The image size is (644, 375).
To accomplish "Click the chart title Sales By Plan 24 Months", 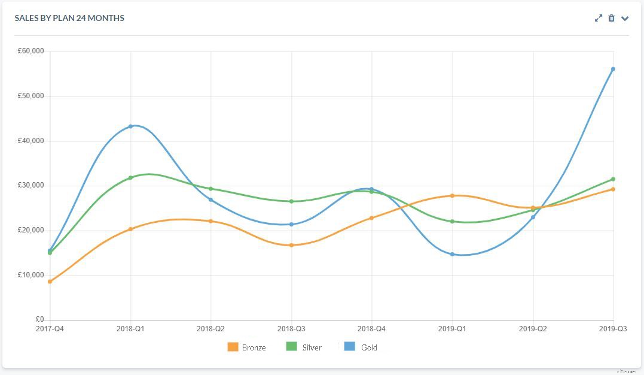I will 69,18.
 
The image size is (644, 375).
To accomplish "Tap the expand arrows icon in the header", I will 598,18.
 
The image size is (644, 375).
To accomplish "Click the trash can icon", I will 611,18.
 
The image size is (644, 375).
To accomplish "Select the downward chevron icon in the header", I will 625,18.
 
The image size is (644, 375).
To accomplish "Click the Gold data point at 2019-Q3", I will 613,69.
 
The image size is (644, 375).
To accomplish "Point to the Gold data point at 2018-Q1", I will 130,126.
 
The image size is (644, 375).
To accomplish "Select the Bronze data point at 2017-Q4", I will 50,282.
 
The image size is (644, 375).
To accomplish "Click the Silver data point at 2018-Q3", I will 291,201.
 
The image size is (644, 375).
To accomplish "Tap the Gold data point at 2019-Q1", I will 452,254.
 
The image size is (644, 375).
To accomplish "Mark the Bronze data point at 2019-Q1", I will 452,195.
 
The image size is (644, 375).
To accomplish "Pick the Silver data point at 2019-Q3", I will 613,179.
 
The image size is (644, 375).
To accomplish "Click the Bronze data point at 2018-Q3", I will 291,245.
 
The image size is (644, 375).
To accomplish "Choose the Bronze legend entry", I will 246,347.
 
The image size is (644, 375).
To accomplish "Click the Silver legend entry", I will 304,347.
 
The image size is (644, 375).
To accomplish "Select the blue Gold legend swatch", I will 350,347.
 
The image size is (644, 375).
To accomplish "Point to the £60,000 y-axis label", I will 31,52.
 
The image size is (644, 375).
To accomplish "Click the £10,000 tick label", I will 31,275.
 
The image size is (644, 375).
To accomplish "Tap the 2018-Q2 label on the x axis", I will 210,329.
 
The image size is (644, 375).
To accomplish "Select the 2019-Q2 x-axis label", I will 532,329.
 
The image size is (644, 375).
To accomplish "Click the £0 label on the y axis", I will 39,320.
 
